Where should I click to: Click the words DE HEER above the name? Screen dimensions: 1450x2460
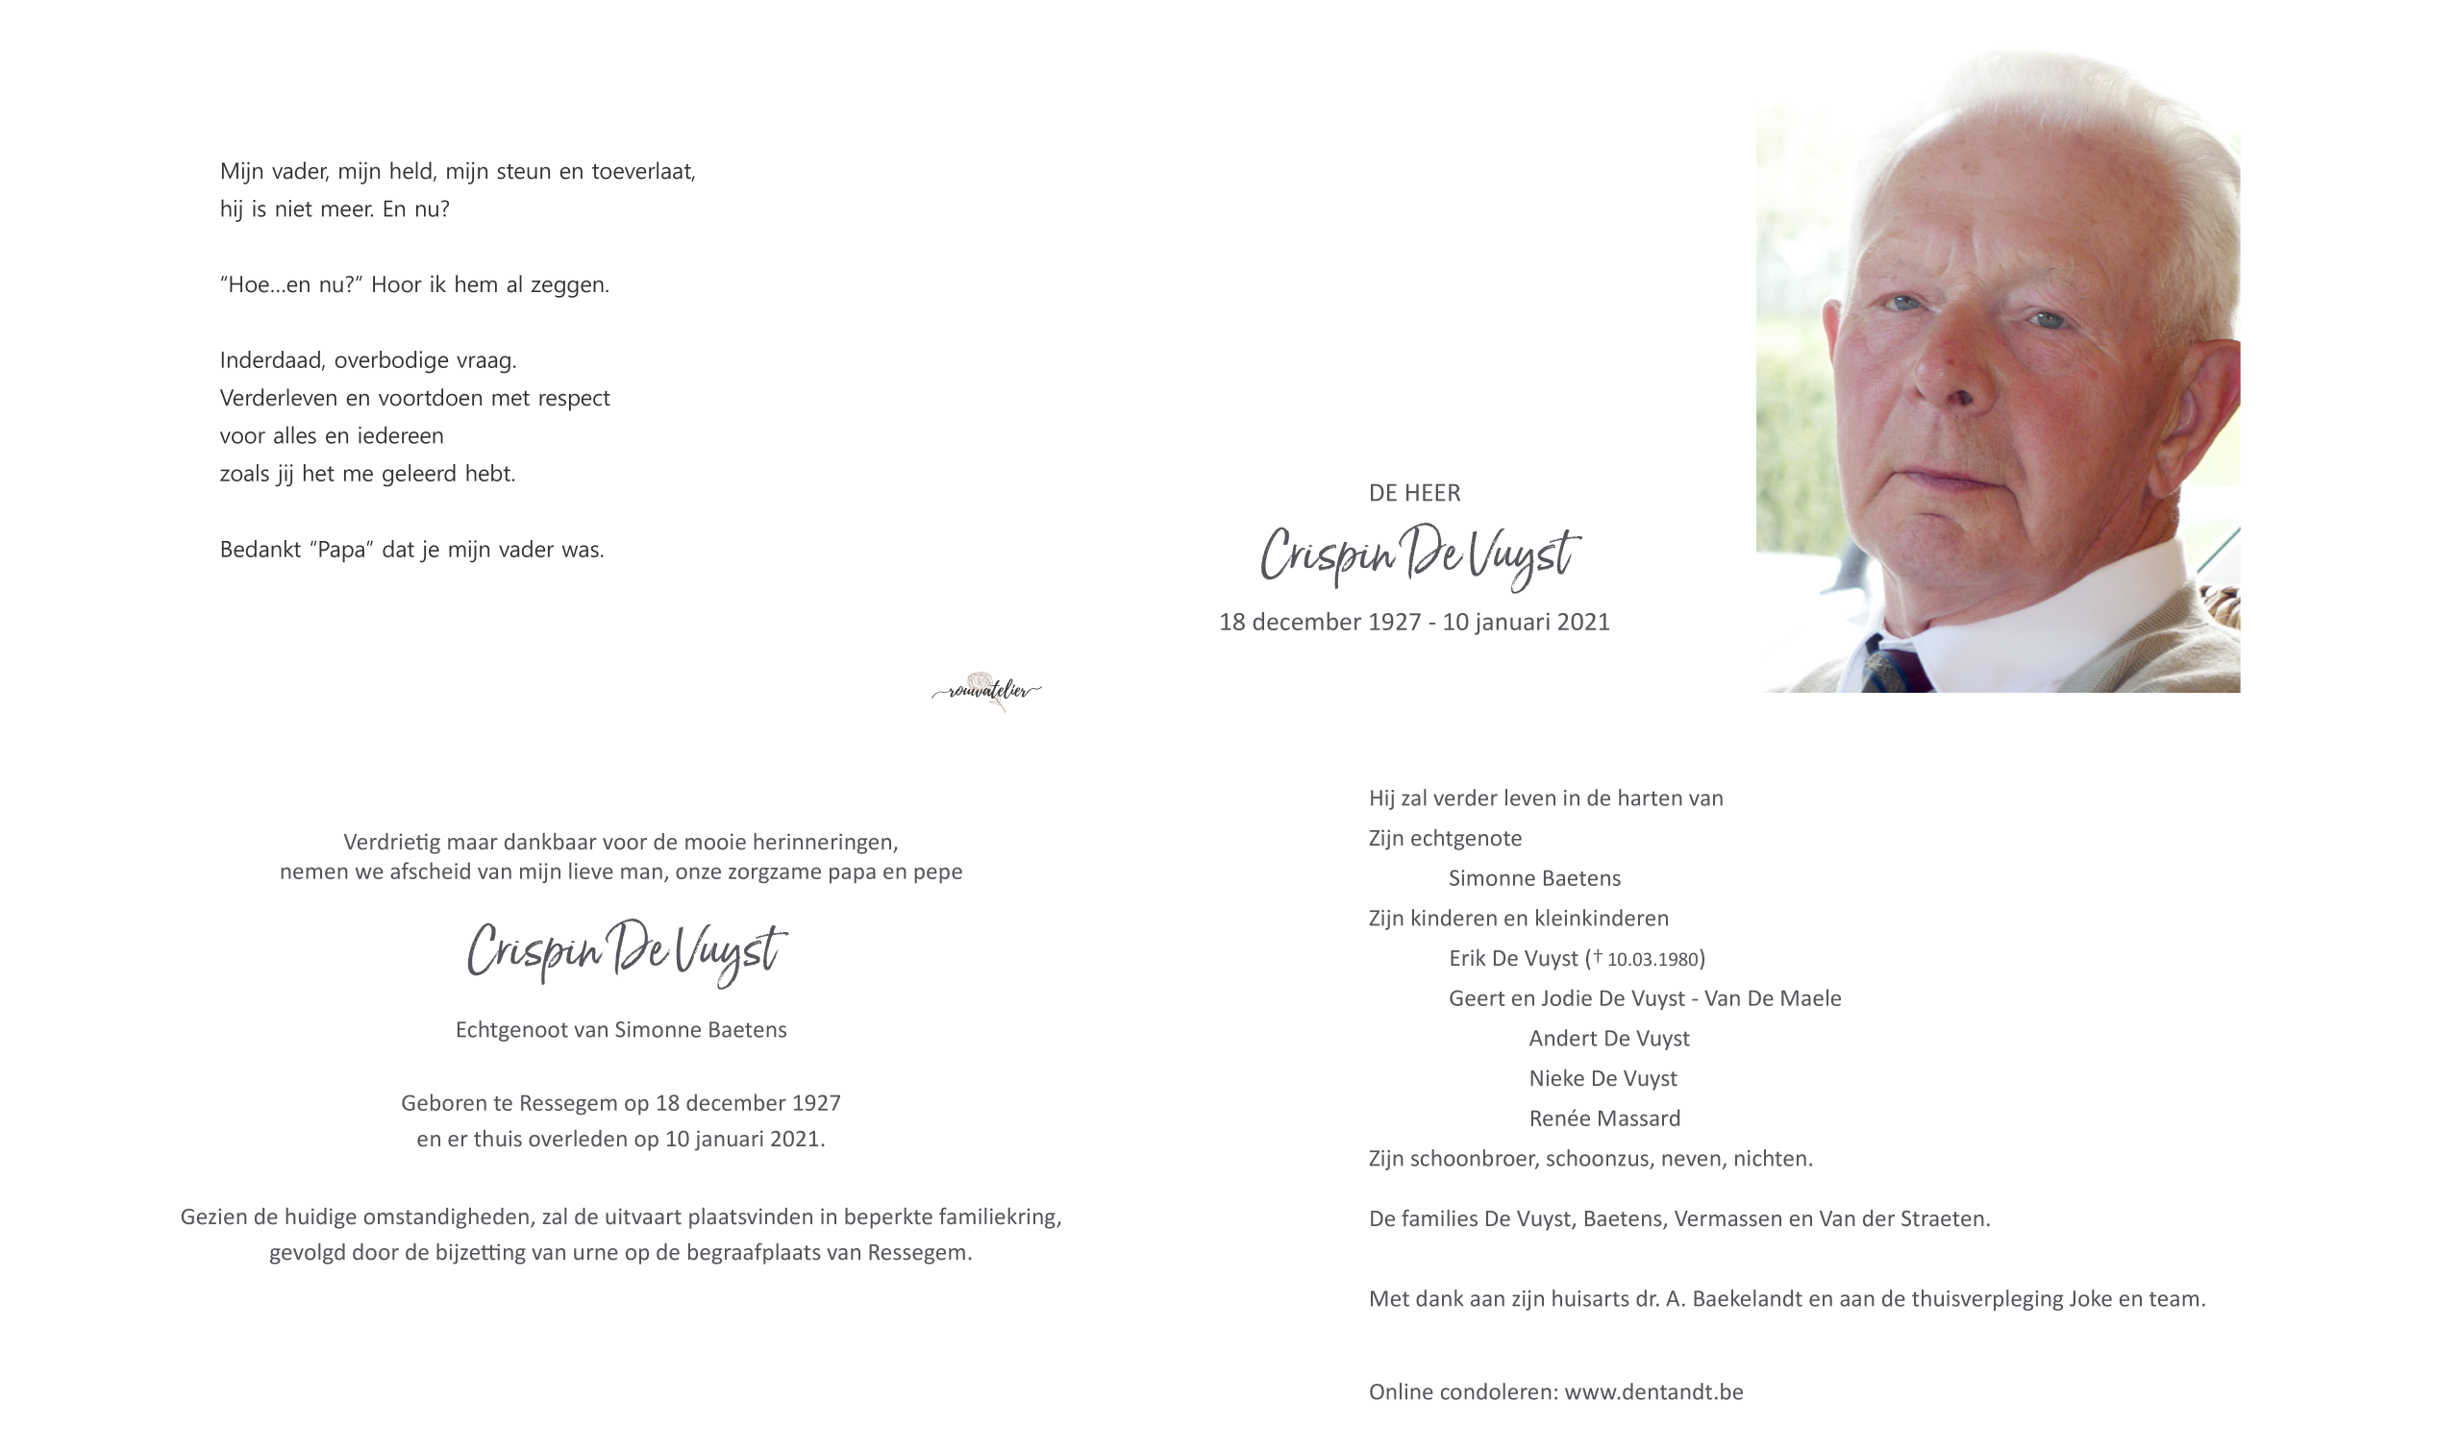point(1413,494)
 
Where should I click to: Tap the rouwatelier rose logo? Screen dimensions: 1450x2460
point(985,691)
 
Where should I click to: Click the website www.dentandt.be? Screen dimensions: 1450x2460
point(1652,1392)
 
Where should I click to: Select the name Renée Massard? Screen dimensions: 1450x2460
point(1603,1118)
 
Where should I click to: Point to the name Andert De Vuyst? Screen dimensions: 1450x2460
point(1608,1039)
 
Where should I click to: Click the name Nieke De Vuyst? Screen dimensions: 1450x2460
point(1602,1079)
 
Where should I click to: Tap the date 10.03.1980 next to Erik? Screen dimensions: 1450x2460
point(1652,960)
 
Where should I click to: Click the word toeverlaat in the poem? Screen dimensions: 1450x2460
point(642,172)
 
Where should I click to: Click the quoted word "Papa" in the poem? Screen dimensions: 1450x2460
point(342,550)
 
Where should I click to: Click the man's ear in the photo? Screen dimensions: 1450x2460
point(2199,410)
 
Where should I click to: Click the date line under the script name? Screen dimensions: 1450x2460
point(1413,623)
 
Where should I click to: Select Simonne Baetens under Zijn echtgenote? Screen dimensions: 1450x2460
point(1533,878)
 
